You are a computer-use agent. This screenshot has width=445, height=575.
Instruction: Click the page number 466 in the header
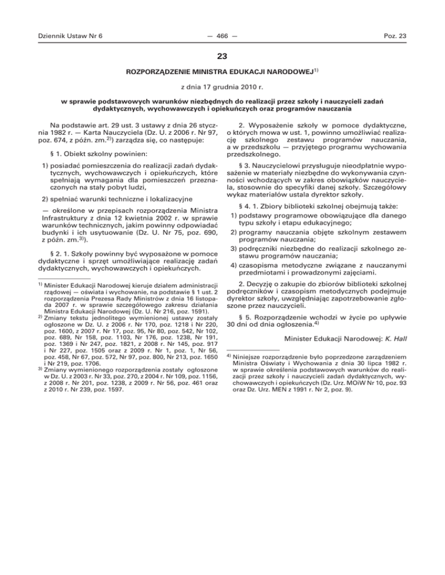tap(222, 36)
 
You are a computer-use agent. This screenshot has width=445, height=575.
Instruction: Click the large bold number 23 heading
tap(222, 57)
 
